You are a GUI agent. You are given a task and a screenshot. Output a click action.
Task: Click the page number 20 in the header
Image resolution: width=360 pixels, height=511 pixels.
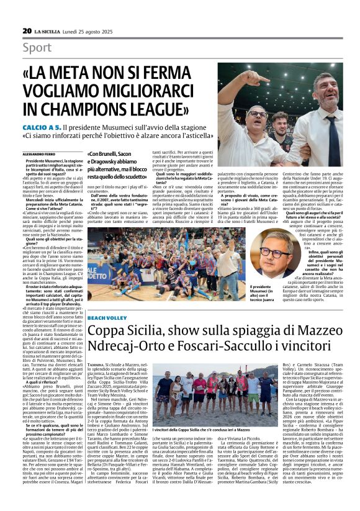point(27,30)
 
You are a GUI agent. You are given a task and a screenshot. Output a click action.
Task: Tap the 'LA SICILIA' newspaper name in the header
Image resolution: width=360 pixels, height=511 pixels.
point(48,30)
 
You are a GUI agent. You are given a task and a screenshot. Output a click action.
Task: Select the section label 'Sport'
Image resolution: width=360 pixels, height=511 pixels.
point(37,47)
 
